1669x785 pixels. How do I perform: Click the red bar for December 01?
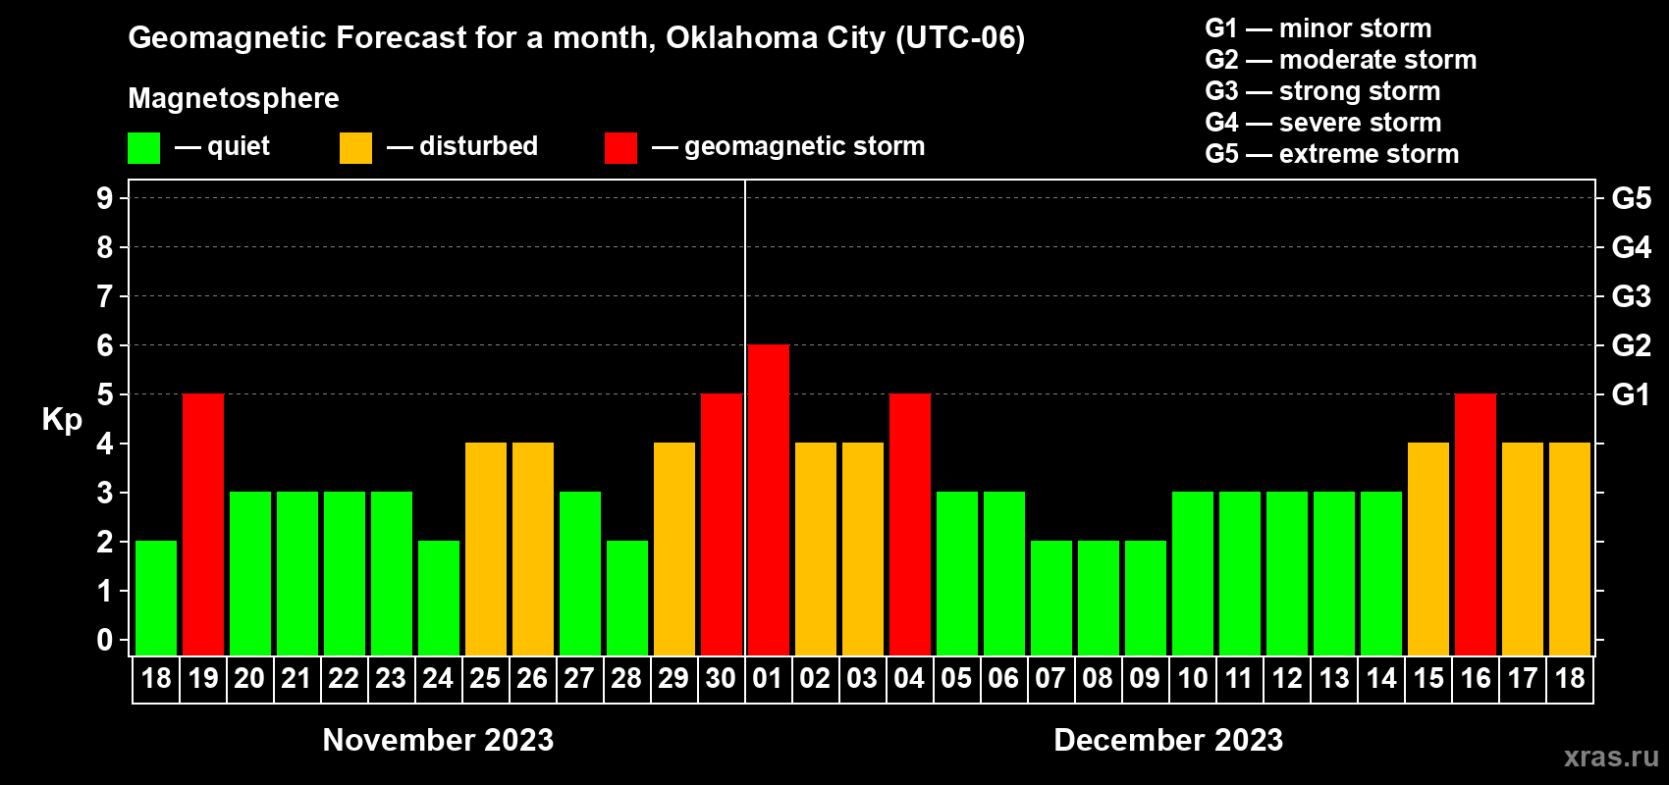[x=769, y=499]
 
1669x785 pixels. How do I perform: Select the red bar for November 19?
[x=203, y=524]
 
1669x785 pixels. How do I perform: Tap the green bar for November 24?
[x=439, y=598]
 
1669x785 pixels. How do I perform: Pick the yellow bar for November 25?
[x=486, y=549]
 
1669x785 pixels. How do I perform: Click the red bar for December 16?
[x=1476, y=524]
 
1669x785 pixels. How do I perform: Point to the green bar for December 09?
[x=1146, y=598]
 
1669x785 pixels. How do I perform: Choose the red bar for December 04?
[x=910, y=524]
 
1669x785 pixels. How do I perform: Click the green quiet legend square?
[x=144, y=148]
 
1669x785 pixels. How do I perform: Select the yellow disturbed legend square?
[x=355, y=148]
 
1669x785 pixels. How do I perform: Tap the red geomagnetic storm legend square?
[x=620, y=148]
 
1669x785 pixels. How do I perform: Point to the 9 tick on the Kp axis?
[x=105, y=198]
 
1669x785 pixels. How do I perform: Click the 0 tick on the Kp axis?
[x=105, y=641]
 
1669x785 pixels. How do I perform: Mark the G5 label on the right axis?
[x=1631, y=198]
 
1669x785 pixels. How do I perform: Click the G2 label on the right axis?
[x=1631, y=345]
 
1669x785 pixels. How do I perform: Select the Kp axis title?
[x=62, y=420]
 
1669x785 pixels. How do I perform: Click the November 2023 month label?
[x=438, y=740]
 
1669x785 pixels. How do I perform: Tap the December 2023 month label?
[x=1168, y=740]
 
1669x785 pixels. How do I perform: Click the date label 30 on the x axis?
[x=721, y=678]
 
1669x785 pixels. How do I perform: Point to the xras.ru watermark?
[x=1611, y=757]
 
